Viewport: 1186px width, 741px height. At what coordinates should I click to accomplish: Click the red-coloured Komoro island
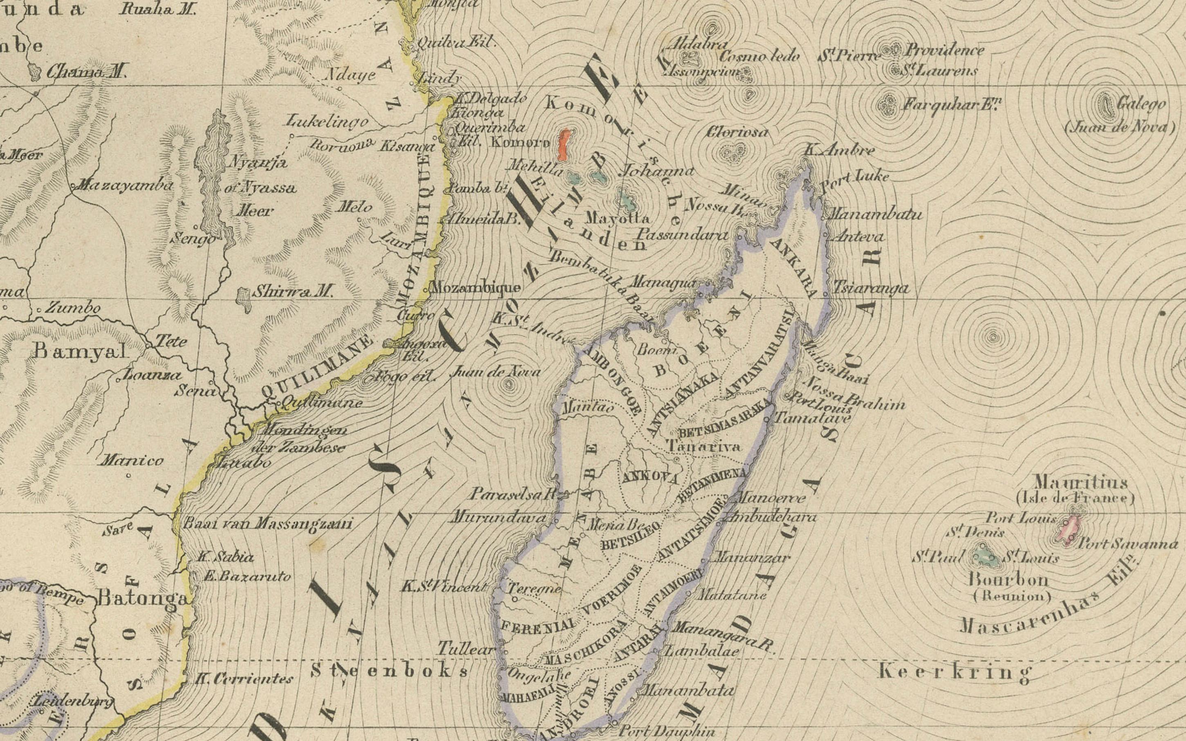(x=564, y=145)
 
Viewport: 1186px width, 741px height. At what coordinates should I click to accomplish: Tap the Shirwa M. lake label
(x=292, y=292)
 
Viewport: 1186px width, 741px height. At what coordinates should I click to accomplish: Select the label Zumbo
(x=73, y=308)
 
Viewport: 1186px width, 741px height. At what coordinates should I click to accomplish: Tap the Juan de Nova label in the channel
(x=495, y=372)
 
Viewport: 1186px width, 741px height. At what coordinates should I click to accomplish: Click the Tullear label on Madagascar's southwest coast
(x=465, y=649)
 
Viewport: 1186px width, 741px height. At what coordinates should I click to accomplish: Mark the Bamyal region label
(x=79, y=351)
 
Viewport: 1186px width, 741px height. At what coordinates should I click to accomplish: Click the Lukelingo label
(x=327, y=121)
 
